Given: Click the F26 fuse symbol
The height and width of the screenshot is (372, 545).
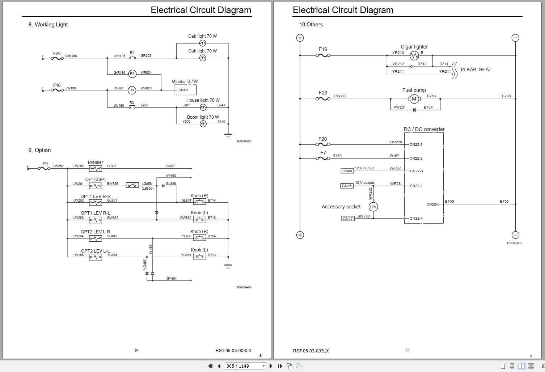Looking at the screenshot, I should [57, 58].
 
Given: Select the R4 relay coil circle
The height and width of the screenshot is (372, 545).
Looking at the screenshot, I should [132, 73].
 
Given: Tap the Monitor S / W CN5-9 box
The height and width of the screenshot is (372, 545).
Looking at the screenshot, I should [185, 90].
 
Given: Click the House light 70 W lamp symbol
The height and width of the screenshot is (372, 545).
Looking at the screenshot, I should [203, 107].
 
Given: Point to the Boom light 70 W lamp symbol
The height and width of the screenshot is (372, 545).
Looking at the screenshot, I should [203, 124].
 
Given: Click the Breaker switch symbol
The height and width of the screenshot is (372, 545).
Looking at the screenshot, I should [96, 168].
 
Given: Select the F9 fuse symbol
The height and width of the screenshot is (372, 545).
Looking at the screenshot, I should [44, 168].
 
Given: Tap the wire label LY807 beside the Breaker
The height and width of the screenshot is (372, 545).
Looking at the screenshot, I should [111, 166].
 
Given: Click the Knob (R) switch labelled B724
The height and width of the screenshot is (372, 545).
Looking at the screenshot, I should [199, 238].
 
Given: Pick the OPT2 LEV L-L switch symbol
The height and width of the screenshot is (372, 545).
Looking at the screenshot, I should [96, 257].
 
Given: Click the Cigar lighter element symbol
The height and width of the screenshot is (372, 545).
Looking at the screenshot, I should [414, 55].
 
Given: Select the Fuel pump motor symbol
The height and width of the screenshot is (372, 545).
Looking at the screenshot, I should [414, 99].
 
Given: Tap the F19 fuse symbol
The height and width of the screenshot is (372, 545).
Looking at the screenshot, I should [323, 55].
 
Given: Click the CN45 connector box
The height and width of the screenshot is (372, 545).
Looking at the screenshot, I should [347, 171].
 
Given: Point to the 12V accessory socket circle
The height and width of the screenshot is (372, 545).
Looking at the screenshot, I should [373, 207].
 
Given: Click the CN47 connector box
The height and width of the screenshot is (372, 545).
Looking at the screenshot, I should [348, 219].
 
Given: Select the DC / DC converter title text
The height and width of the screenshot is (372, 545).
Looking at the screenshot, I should [424, 129].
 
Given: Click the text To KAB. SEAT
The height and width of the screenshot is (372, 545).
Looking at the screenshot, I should [476, 69].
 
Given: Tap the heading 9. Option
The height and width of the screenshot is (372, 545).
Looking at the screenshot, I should [39, 150].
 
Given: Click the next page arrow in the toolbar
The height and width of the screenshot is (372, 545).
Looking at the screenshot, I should [271, 366].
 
